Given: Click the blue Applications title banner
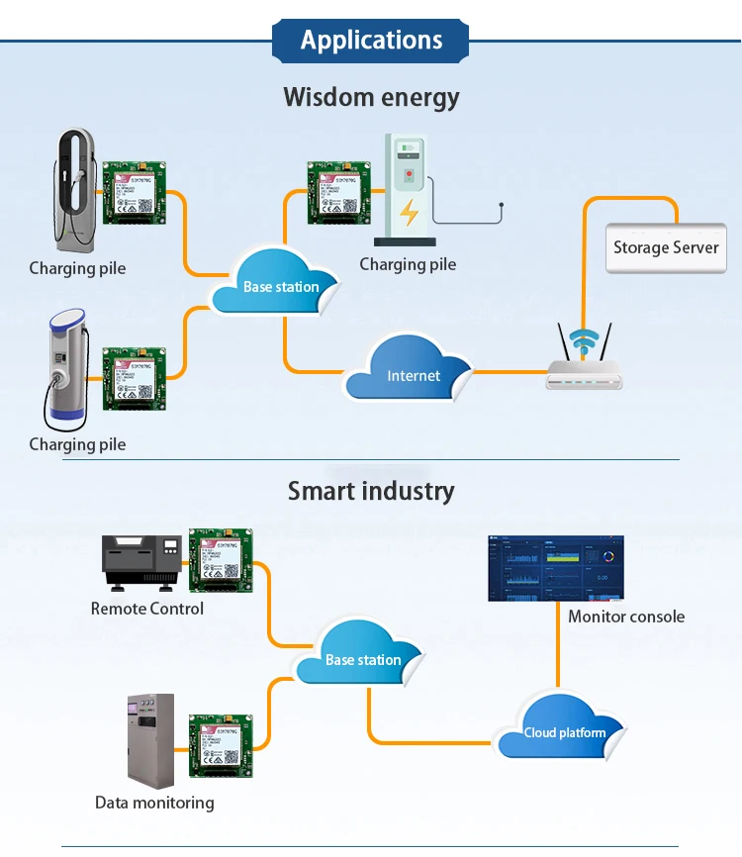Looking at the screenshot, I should coord(371,41).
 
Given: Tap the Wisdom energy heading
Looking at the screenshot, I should coord(371,97).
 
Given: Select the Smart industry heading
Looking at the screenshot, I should coord(371,491).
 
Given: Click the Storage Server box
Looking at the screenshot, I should coord(666,247).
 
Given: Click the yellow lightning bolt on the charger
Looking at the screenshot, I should coord(408,212).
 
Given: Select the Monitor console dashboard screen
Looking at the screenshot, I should coord(557,569).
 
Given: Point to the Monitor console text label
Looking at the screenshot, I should coord(626,617).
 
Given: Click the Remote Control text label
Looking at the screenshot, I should coord(147,609).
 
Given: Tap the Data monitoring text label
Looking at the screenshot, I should coord(154,803).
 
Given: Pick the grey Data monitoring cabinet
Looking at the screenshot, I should coord(150,738).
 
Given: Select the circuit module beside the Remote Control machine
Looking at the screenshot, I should coord(222,557).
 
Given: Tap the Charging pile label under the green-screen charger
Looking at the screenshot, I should coord(408,264).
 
